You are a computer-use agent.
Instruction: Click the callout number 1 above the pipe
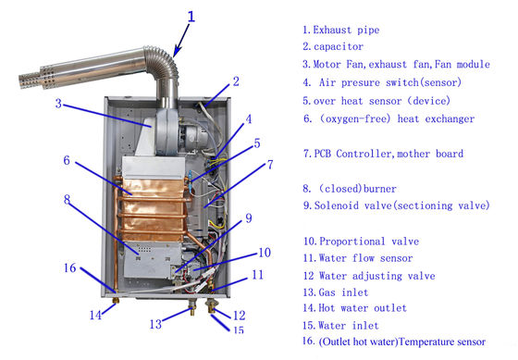click(x=191, y=16)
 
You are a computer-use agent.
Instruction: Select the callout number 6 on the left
click(x=67, y=160)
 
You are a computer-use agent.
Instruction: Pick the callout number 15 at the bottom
click(x=239, y=329)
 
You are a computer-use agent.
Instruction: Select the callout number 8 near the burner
click(x=67, y=197)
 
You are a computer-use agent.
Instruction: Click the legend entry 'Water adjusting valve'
click(x=368, y=275)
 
